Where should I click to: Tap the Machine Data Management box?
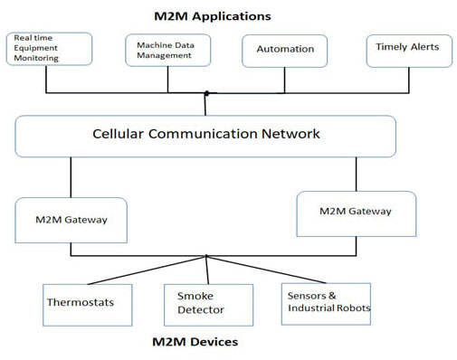click(x=167, y=50)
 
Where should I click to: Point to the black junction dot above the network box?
click(x=206, y=93)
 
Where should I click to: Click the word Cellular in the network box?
click(x=124, y=134)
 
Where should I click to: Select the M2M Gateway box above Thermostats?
click(x=71, y=219)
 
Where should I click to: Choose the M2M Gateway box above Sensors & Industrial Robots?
click(x=356, y=212)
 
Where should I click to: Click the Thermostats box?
click(x=81, y=303)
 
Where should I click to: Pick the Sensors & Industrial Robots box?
click(x=328, y=302)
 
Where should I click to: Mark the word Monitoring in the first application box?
click(x=36, y=59)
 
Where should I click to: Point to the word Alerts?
click(x=419, y=45)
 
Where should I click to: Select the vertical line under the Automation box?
click(x=284, y=80)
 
